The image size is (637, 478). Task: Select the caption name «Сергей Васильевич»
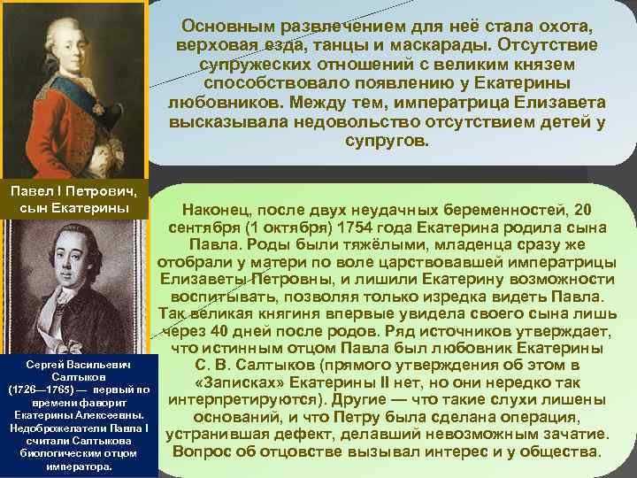(x=78, y=365)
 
